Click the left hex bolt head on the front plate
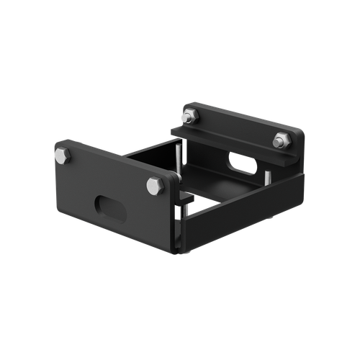(x=62, y=154)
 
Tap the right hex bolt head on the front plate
(x=153, y=186)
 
